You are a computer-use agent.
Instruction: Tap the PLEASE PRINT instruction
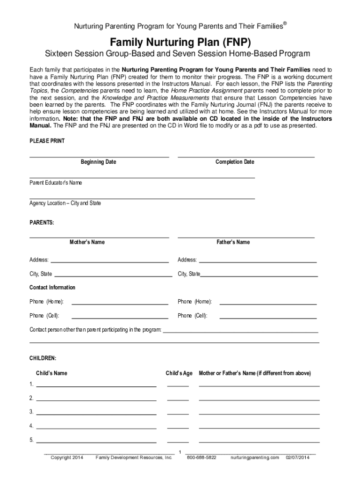tap(47, 141)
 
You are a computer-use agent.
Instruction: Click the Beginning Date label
tap(98, 162)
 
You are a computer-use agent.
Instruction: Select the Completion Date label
tap(235, 162)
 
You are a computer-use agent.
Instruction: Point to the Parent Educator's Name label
tap(56, 183)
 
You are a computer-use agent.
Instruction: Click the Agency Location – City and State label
tap(65, 203)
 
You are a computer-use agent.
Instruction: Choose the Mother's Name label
tap(87, 242)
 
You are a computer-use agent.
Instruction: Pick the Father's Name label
tap(233, 242)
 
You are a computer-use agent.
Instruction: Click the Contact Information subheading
tap(52, 287)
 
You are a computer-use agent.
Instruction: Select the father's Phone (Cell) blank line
tap(268, 318)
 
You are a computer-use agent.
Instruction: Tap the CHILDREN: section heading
tap(43, 358)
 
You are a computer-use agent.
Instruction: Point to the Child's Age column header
tap(179, 373)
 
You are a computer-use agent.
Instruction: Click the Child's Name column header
tap(51, 373)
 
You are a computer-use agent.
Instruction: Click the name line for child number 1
tap(96, 386)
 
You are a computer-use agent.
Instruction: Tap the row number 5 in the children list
tap(31, 440)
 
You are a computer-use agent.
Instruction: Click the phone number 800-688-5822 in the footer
tap(202, 457)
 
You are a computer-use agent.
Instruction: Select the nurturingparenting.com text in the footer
tap(254, 457)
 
